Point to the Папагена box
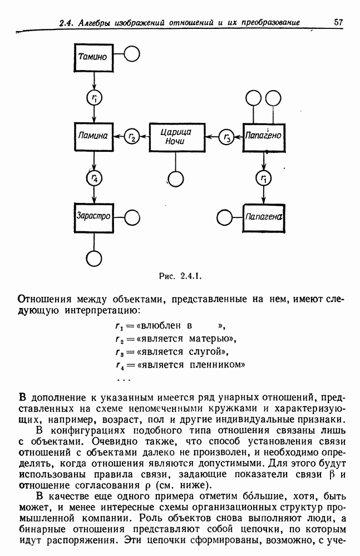pos(264,216)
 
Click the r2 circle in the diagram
pos(132,137)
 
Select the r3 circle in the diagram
pos(227,137)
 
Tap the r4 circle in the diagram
pos(95,178)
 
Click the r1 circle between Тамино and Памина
pos(95,97)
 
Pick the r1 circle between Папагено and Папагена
pos(264,178)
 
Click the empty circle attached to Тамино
pos(131,54)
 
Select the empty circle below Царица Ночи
pos(176,178)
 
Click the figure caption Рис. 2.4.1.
pos(180,275)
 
